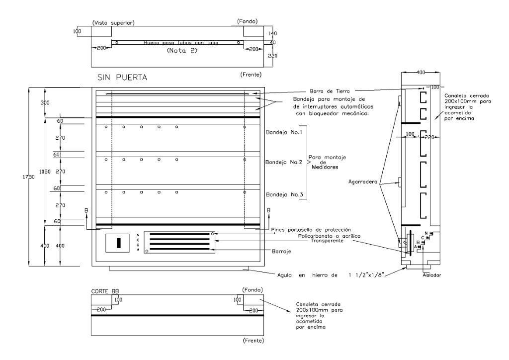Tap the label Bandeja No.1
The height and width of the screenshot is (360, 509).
click(284, 132)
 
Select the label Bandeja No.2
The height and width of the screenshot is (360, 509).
click(284, 162)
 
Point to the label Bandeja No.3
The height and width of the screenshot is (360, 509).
click(284, 194)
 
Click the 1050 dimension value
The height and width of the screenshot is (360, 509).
click(46, 171)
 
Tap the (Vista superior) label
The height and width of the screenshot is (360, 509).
click(114, 23)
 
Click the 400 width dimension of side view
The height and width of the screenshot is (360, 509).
click(421, 73)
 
